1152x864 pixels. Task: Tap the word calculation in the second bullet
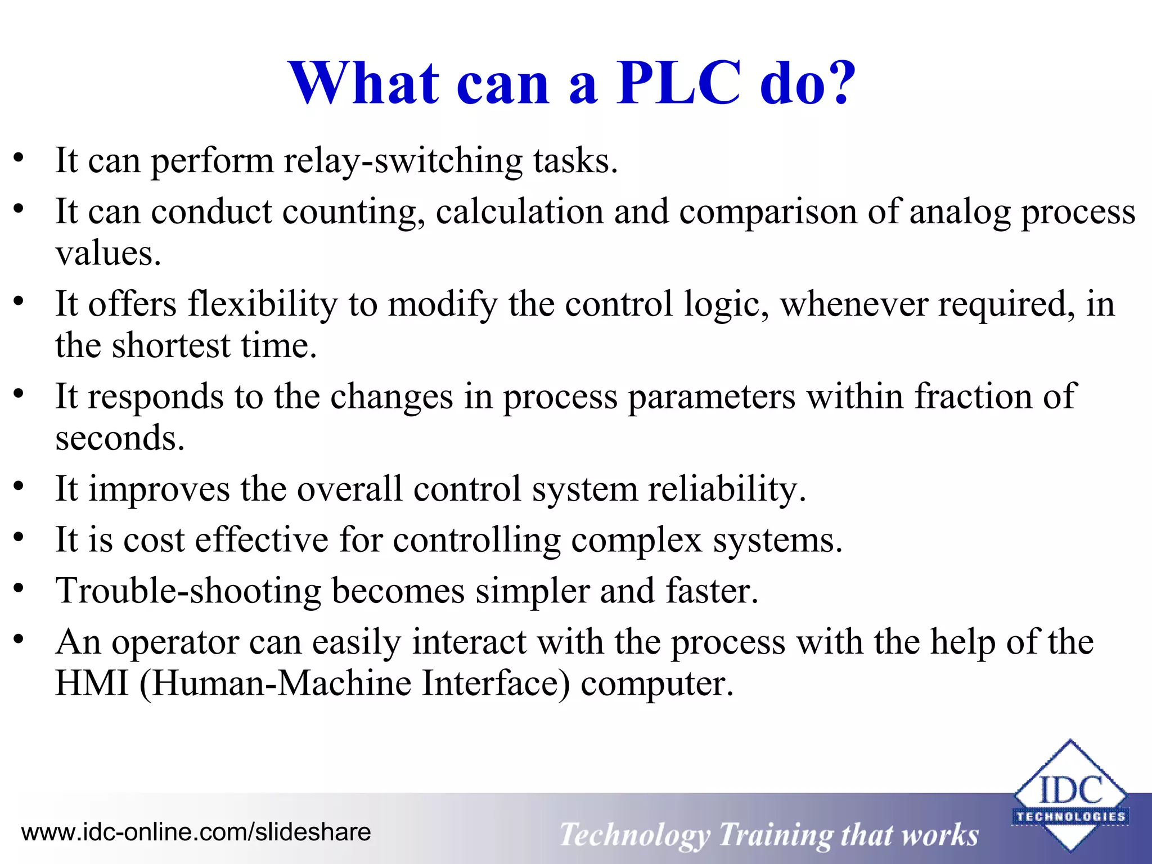[x=519, y=212]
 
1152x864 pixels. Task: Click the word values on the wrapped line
[x=107, y=254]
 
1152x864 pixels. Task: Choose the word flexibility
[x=262, y=304]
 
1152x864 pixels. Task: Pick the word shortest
[x=171, y=345]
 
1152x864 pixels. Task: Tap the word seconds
[x=119, y=438]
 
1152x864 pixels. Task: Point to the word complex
[x=637, y=541]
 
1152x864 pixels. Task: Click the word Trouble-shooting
[x=188, y=592]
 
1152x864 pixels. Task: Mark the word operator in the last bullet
[x=175, y=643]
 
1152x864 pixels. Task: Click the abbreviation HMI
[x=92, y=683]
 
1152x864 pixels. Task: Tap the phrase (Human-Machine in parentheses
[x=275, y=683]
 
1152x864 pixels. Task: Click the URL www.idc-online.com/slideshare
[x=196, y=832]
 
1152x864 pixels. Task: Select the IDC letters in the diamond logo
[x=1070, y=790]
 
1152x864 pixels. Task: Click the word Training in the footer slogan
[x=776, y=835]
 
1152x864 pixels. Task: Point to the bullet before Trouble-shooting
[x=19, y=588]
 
